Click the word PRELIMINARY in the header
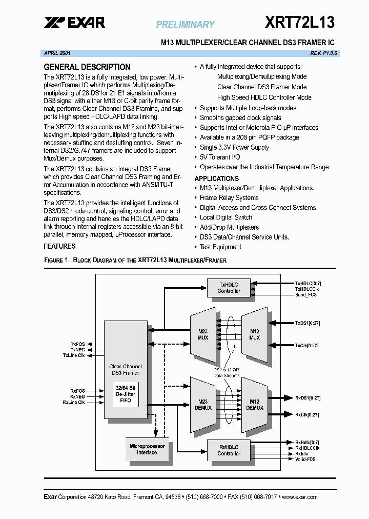[186, 24]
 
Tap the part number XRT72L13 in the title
[300, 22]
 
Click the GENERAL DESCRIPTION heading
[87, 67]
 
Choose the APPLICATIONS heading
[216, 178]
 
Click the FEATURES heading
[59, 246]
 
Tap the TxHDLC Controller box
[229, 288]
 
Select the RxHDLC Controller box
[229, 450]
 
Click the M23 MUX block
[203, 334]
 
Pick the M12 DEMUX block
[255, 405]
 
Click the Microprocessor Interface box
[147, 449]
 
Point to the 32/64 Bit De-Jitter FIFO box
[126, 394]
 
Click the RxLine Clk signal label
[73, 403]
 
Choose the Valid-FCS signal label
[305, 459]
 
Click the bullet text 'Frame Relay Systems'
[229, 198]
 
